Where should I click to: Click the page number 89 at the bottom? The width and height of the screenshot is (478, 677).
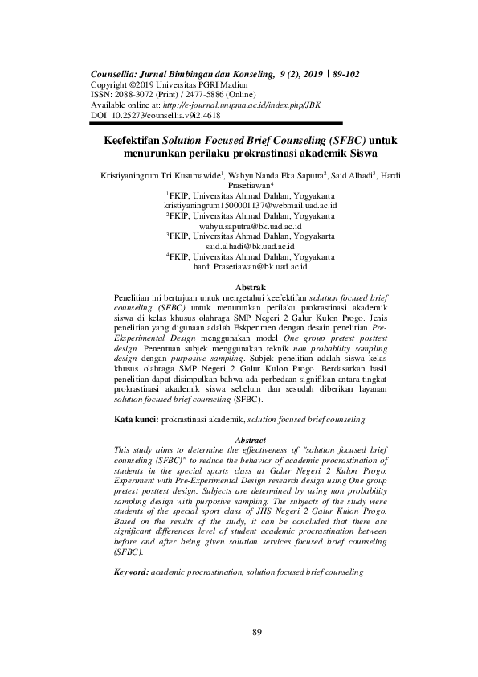(257, 632)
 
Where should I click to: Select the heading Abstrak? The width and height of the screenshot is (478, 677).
(249, 287)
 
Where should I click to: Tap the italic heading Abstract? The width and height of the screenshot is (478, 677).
(249, 439)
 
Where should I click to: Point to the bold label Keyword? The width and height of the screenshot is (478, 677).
(131, 572)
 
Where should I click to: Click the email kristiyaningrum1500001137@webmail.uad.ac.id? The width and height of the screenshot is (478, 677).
(250, 206)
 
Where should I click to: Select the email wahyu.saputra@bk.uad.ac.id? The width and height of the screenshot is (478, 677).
(250, 227)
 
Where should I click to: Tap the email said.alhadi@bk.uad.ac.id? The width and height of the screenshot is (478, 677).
(250, 247)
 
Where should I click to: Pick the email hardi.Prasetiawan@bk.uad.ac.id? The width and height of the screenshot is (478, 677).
(250, 266)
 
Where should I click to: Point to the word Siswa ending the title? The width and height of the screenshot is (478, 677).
(359, 153)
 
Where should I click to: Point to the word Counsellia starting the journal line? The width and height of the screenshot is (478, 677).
(117, 74)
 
